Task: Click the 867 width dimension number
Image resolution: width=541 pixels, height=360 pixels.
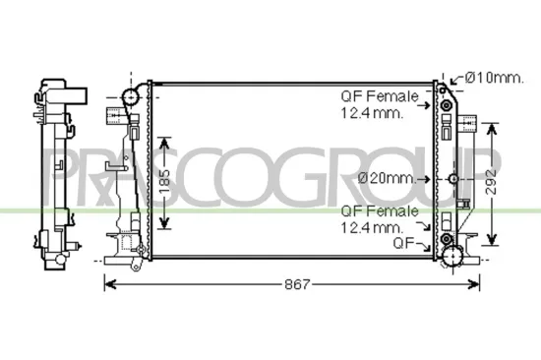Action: click(297, 284)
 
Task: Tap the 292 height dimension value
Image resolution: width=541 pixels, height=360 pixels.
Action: click(503, 179)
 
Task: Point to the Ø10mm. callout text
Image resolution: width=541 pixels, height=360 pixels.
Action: click(495, 77)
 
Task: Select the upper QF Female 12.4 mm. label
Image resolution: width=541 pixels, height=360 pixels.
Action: click(379, 105)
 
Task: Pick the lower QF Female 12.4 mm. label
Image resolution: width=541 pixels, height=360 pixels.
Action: click(379, 218)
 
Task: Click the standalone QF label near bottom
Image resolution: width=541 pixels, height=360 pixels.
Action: click(403, 242)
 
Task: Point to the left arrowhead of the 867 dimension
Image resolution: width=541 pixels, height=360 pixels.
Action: click(108, 284)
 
